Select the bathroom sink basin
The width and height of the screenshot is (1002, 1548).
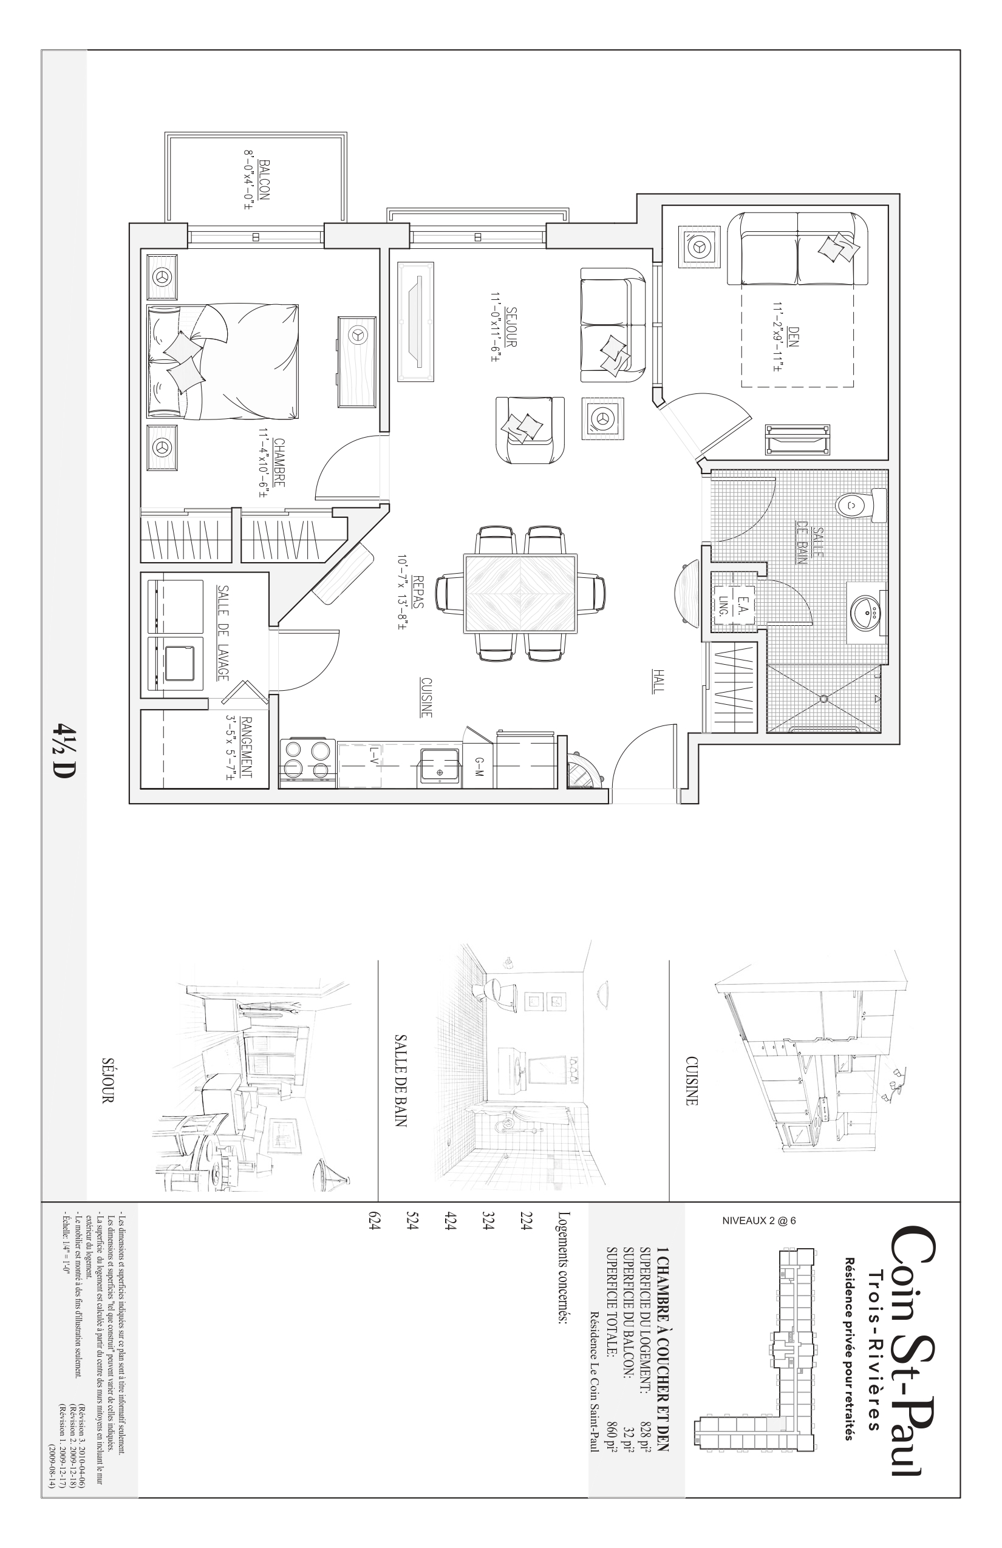tap(866, 611)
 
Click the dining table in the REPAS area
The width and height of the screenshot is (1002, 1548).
tap(520, 593)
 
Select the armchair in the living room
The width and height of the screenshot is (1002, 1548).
tap(530, 430)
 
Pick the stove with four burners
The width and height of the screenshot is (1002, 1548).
tap(307, 764)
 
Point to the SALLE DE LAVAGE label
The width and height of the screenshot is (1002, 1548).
tap(223, 633)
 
